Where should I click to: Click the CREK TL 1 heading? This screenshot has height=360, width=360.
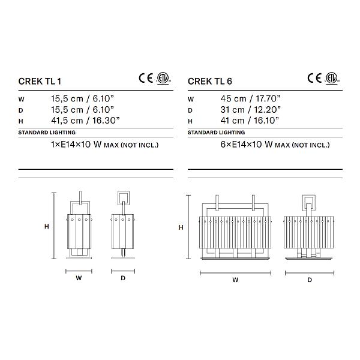[40, 82]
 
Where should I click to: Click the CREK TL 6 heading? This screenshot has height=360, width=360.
[210, 82]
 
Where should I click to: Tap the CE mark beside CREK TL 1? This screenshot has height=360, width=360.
[146, 78]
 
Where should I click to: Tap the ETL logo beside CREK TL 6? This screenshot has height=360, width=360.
[332, 78]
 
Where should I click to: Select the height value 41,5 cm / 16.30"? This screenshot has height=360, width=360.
[85, 121]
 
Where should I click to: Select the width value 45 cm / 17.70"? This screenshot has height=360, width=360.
[250, 99]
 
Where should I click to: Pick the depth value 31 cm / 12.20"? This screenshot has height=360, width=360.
[250, 110]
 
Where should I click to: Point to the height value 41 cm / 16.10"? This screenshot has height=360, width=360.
[250, 121]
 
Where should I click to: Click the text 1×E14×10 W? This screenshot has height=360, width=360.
[76, 145]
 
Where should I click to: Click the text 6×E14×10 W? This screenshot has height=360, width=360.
[247, 145]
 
